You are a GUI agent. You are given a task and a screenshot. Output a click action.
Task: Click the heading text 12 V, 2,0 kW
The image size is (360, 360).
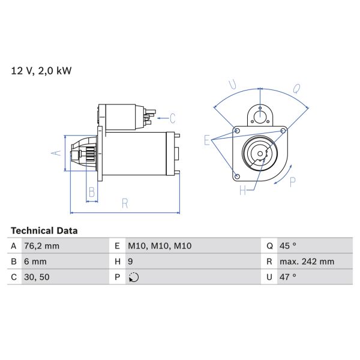click(x=41, y=71)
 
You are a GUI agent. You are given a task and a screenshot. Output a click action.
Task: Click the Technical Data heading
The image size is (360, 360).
click(x=44, y=230)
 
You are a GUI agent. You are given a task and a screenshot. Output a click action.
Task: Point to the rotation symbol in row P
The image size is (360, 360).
click(x=133, y=277)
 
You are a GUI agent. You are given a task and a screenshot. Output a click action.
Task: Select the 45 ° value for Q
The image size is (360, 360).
click(x=288, y=246)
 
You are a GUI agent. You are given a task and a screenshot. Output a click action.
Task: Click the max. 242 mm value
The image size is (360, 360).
click(x=307, y=262)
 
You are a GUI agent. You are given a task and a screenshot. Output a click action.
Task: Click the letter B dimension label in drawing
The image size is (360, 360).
click(x=92, y=192)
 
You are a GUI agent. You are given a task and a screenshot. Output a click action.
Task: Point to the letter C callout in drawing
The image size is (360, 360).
click(x=172, y=118)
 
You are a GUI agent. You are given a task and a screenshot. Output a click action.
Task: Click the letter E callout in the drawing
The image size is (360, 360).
click(x=208, y=141)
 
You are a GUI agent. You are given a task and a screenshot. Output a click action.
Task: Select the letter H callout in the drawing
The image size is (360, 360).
click(x=243, y=191)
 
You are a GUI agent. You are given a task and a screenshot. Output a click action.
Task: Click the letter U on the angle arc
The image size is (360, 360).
click(x=233, y=86)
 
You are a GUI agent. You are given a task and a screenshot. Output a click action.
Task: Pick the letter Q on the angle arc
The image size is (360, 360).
click(x=296, y=88)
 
